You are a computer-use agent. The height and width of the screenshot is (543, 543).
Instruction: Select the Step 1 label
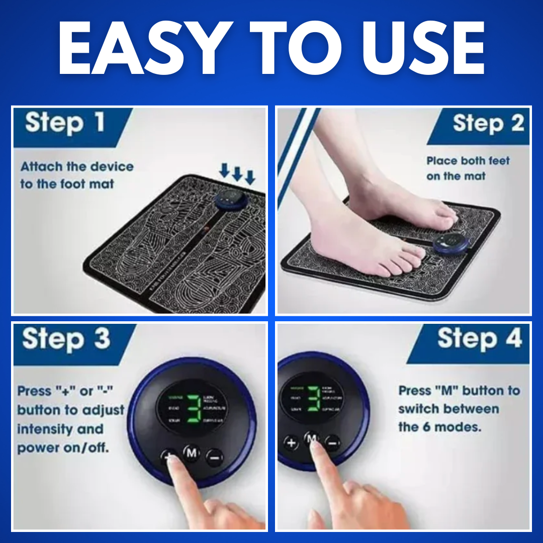pos(65,123)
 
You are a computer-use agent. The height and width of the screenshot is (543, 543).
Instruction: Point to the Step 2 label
pos(488,123)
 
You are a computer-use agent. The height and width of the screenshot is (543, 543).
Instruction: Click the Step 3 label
pos(66,339)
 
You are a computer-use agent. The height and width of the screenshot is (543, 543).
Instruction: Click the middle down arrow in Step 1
pos(237,174)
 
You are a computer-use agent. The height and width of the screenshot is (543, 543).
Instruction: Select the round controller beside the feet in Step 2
pos(451,243)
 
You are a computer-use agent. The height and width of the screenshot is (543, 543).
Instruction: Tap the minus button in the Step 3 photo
pos(215,457)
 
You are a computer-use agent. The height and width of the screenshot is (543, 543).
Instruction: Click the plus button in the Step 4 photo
pos(291,442)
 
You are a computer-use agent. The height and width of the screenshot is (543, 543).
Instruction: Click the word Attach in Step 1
pos(42,167)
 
